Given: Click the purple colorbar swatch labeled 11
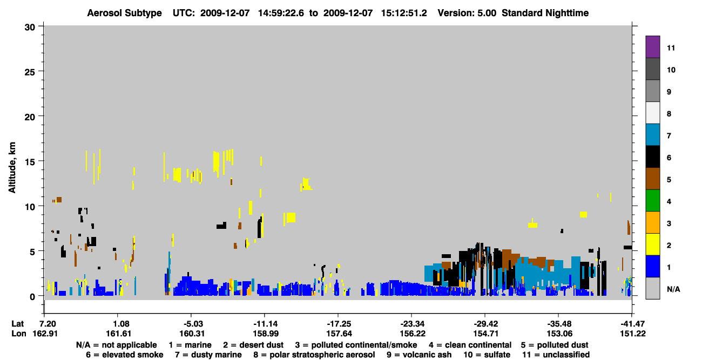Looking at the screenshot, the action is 652,46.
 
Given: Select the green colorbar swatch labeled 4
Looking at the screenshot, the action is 652,201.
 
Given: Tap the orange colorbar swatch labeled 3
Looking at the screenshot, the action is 652,222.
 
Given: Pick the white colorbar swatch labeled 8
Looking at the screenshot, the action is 652,113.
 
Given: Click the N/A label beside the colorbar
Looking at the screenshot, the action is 673,289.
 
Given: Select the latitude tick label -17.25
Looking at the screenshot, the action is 339,324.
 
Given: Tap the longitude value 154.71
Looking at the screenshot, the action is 486,334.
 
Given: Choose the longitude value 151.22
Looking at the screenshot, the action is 633,334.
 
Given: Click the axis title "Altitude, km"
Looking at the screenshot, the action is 12,168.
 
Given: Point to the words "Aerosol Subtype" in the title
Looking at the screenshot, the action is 124,13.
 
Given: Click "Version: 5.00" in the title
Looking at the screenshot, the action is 467,13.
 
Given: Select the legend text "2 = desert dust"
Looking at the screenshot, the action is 253,345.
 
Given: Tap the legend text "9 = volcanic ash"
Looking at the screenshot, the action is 419,355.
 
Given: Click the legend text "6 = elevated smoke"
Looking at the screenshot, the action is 125,355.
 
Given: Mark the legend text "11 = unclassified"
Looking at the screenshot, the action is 556,355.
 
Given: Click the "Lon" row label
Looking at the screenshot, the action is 19,334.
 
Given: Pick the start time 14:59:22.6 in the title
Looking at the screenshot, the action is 281,13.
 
